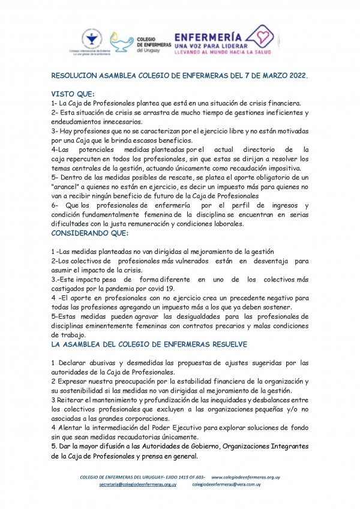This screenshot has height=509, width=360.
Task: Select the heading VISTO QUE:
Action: pyautogui.click(x=69, y=94)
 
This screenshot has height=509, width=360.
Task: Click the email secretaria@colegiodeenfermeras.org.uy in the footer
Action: pyautogui.click(x=137, y=484)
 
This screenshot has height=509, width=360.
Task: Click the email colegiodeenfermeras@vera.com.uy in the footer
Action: pyautogui.click(x=226, y=484)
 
